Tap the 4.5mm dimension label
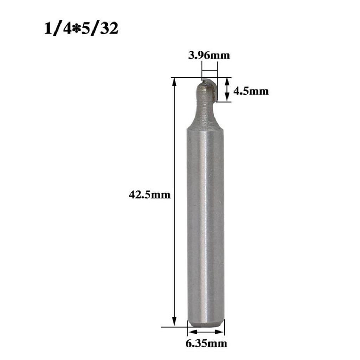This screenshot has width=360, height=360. [x=251, y=91]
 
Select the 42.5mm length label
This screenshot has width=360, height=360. [x=150, y=194]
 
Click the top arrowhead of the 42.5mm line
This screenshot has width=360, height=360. [x=174, y=82]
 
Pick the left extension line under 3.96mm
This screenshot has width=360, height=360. [x=202, y=70]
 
